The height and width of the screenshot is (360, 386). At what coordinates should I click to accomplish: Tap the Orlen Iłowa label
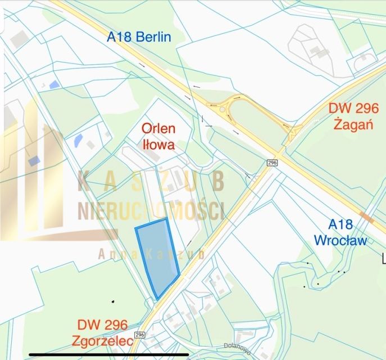point(158,136)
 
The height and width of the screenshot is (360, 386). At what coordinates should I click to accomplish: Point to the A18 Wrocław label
point(340,232)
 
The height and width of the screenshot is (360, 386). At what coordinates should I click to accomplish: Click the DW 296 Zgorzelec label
point(102,332)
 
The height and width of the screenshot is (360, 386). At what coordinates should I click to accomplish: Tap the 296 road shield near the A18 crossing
point(273,163)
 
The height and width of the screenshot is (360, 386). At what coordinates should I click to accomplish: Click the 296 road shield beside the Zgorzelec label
point(139,335)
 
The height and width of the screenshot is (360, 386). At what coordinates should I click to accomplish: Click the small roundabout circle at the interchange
point(222,110)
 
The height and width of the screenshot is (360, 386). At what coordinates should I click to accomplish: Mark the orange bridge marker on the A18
point(367,218)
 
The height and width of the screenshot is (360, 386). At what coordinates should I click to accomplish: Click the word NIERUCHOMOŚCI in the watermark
point(151,210)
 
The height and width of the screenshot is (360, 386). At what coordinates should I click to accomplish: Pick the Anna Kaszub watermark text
point(151,254)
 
